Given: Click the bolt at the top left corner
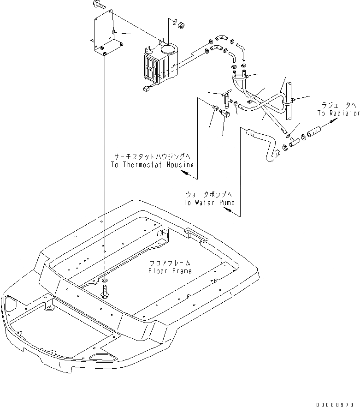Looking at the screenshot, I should click(98, 6).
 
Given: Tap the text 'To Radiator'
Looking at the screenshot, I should click(338, 113).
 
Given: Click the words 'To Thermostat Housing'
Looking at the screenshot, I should click(152, 165).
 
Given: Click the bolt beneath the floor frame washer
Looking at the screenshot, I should click(106, 292).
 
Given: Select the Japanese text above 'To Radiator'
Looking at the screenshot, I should click(338, 106).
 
